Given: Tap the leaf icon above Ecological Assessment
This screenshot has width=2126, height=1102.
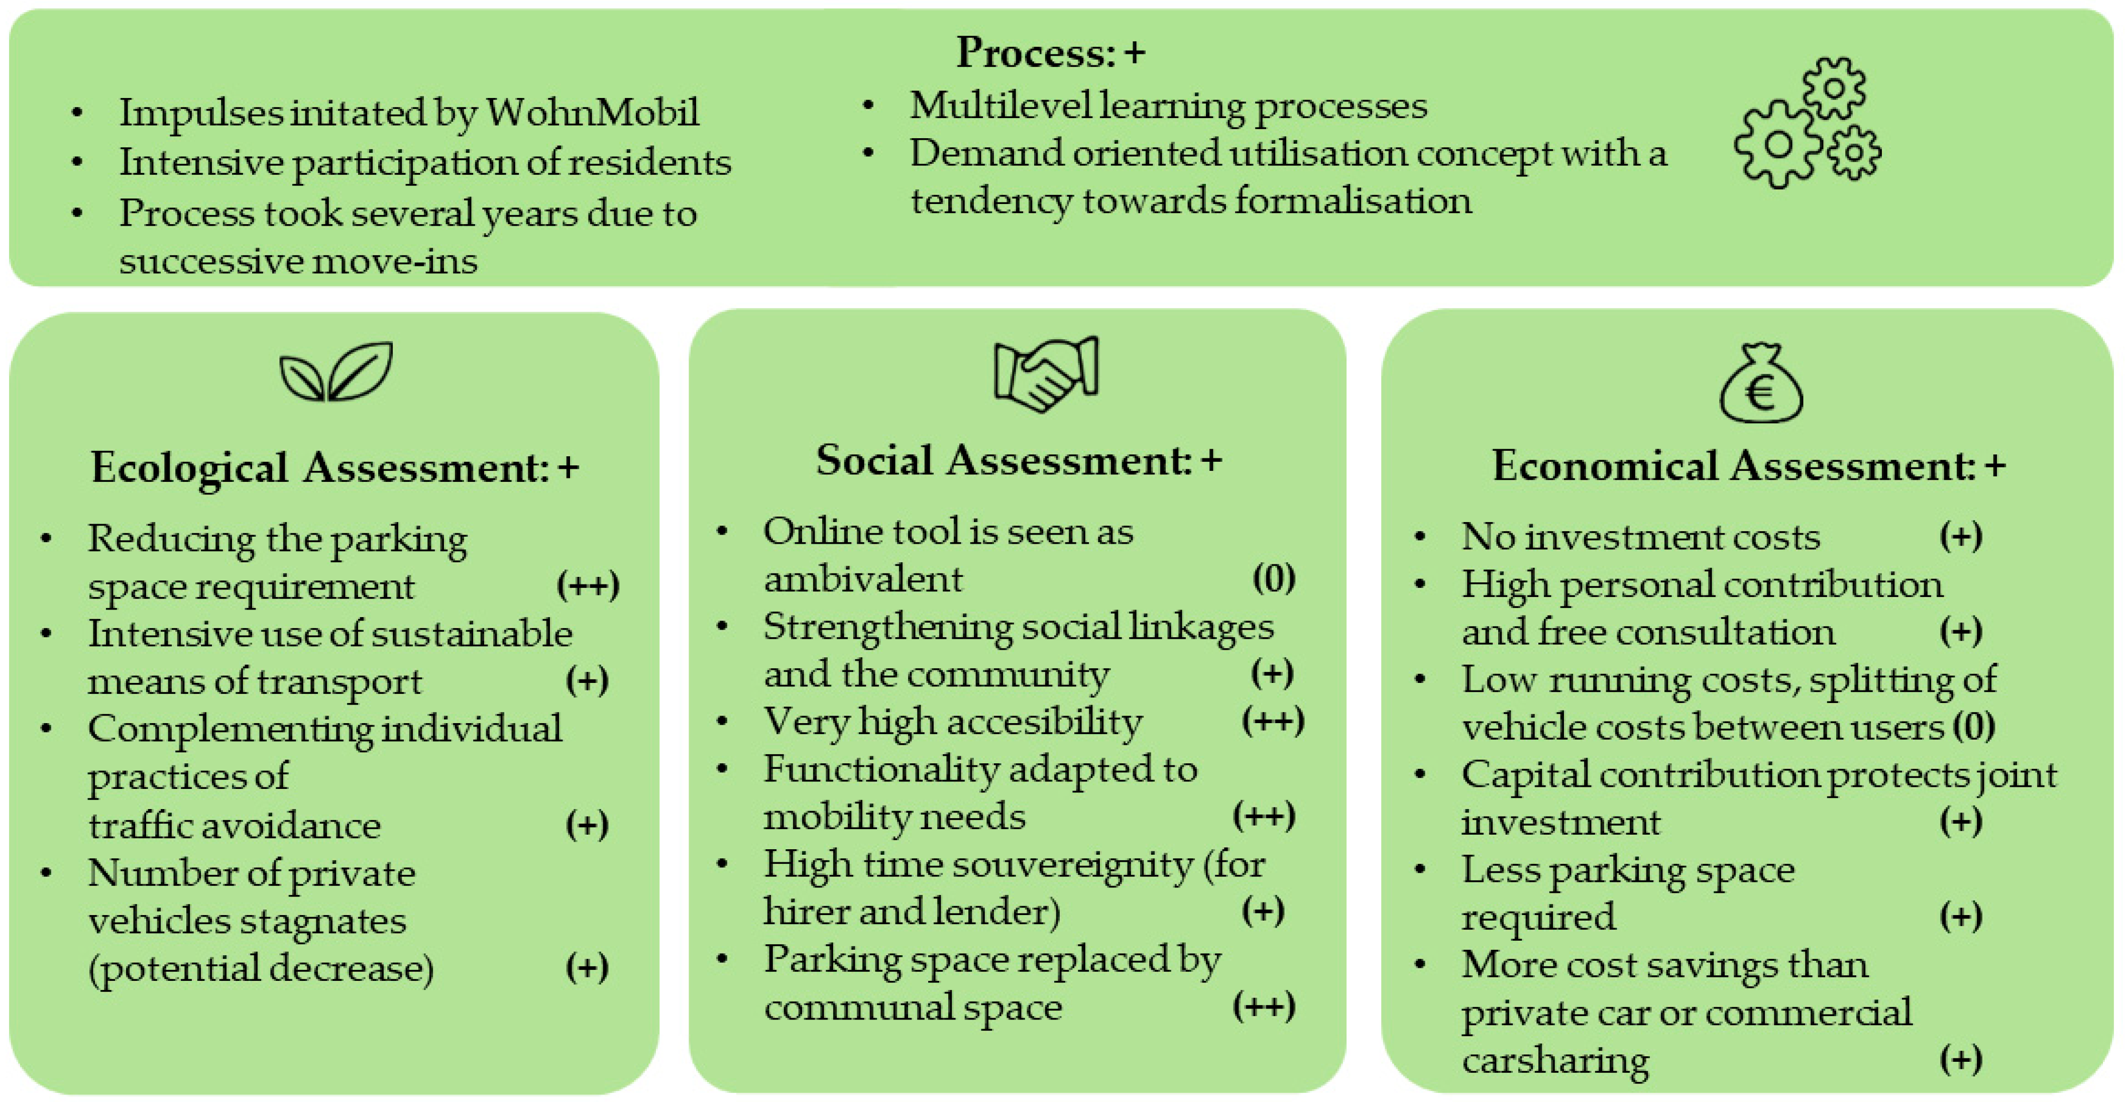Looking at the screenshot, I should pyautogui.click(x=336, y=372).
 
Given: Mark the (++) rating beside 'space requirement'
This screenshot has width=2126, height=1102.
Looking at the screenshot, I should pyautogui.click(x=588, y=585).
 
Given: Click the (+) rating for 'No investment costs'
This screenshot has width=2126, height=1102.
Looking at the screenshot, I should pyautogui.click(x=1960, y=537).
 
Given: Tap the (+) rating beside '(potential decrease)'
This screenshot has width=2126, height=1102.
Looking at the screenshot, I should pyautogui.click(x=587, y=967).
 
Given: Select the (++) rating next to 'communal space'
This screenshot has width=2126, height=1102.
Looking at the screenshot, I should pyautogui.click(x=1264, y=1006).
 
